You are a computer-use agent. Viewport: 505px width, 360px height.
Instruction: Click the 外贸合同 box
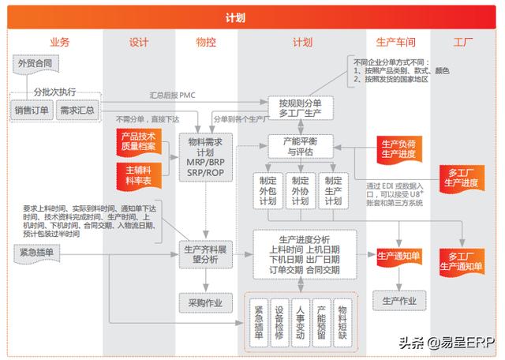coord(34,63)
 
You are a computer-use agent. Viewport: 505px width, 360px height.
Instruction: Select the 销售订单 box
coord(32,111)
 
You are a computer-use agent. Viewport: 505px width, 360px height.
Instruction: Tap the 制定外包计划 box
coord(267,190)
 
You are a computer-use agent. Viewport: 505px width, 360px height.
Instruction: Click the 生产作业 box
coord(398,300)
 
